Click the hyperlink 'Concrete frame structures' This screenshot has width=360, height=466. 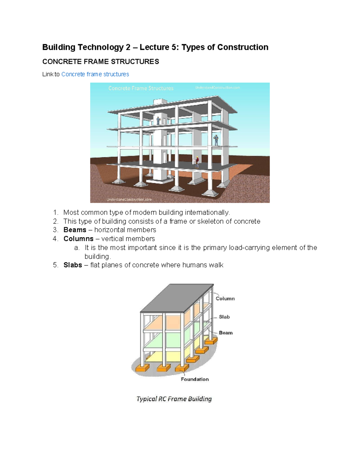pos(95,74)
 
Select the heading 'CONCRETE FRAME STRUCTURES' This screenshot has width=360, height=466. pos(100,62)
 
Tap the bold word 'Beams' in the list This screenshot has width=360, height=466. pos(75,230)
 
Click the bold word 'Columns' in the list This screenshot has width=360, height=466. pos(78,239)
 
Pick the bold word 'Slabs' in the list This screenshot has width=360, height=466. pos(73,265)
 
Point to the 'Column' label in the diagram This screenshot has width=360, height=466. pos(225,299)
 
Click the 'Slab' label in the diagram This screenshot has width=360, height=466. pos(224,317)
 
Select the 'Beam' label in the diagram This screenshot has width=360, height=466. pos(226,333)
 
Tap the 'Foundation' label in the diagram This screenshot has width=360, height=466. pos(195,379)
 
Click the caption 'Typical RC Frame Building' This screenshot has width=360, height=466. pos(174,399)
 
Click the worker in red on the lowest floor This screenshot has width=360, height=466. pos(197,162)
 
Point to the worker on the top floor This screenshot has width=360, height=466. pos(158,121)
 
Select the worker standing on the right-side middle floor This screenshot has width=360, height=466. pos(216,140)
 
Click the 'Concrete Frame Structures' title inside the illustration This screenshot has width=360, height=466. pos(141,88)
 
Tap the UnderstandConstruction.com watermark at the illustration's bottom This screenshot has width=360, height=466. pos(129,199)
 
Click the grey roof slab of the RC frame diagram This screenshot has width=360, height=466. pos(177,297)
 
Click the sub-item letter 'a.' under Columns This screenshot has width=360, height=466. pos(77,248)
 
